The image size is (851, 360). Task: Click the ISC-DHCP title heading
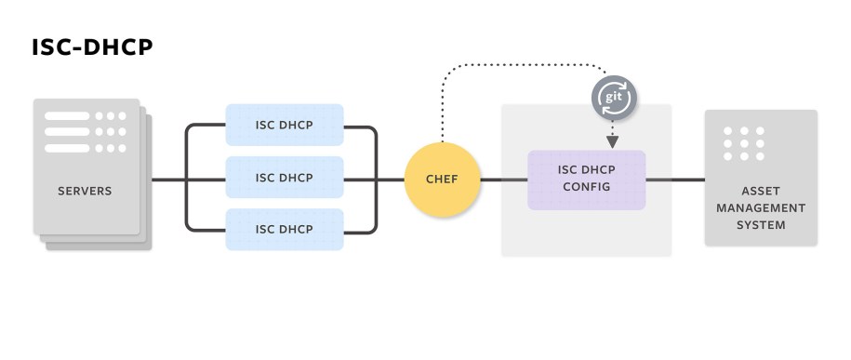91,47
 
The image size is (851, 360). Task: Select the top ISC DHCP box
284,125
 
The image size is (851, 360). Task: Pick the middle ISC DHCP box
284,178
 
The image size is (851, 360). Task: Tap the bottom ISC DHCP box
284,230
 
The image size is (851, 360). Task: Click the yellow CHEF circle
442,179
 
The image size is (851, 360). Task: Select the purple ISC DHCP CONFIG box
586,179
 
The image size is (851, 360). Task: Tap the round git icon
614,98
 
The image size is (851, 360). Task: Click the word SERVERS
85,192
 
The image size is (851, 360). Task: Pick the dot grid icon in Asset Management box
746,144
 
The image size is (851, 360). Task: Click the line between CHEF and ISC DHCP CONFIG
503,179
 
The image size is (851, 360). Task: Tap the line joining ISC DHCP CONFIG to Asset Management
674,179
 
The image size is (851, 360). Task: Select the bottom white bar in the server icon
67,148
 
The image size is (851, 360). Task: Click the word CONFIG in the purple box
586,187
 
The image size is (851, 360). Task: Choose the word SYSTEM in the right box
761,225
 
